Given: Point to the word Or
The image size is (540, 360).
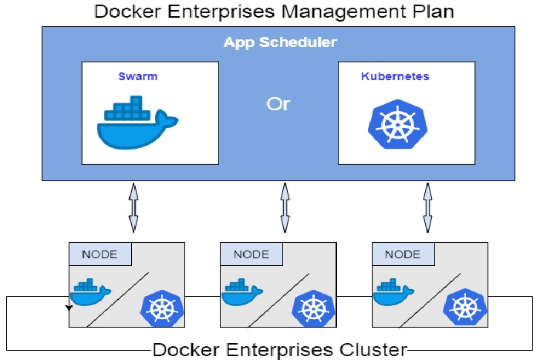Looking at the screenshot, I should pos(278,103).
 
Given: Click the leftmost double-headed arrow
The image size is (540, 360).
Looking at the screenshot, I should pos(133,207).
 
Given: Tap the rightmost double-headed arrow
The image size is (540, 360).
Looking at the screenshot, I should pos(427,207).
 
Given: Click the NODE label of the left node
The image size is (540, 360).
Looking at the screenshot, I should pos(100,254).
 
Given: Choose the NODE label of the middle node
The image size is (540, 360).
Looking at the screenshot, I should pos(251,254).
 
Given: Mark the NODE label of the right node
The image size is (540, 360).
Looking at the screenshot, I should pos(403,254).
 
